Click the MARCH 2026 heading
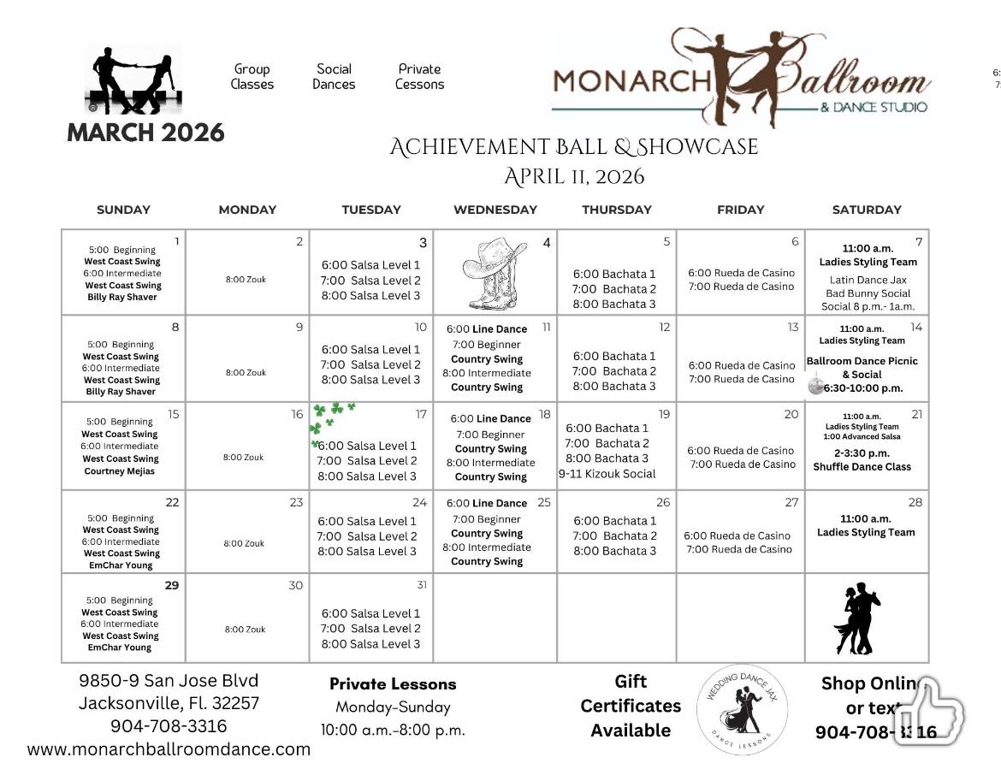coord(145,133)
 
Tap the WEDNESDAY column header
coord(495,209)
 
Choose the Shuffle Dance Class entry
coord(862,466)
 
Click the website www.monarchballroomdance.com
coord(169,749)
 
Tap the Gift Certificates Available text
coord(631,706)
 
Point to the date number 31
coord(420,585)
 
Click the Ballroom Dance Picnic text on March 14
coord(862,361)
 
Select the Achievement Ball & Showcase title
coord(573,147)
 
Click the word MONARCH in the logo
coord(631,81)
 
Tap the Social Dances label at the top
coord(334,76)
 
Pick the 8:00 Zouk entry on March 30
coord(245,629)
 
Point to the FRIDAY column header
coord(740,209)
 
